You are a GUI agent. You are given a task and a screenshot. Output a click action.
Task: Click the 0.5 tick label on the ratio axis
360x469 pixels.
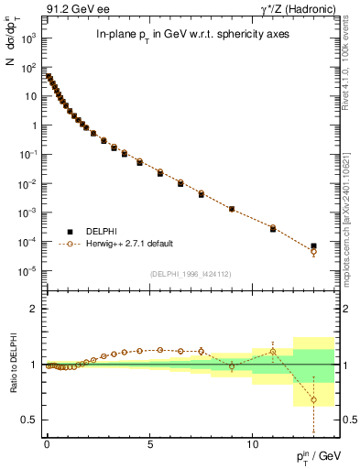pos(29,420)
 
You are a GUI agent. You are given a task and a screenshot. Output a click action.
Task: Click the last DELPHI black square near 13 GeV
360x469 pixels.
pos(313,246)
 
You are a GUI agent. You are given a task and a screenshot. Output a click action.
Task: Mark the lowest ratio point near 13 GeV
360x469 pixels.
pos(313,399)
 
